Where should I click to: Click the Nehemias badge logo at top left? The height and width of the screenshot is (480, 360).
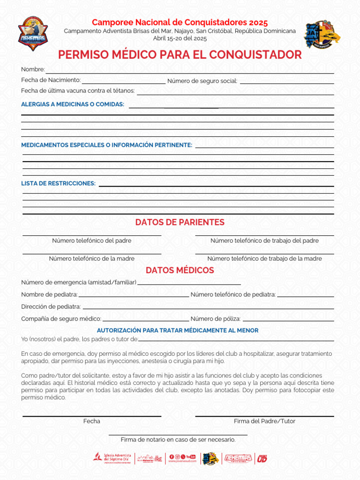tap(33, 34)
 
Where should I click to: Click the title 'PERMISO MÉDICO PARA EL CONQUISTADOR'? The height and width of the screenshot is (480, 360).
tap(180, 55)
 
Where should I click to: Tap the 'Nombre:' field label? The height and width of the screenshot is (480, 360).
tap(33, 69)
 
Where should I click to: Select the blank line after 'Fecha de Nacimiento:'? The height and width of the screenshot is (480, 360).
tap(123, 82)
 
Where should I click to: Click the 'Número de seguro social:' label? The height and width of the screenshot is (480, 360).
tap(202, 81)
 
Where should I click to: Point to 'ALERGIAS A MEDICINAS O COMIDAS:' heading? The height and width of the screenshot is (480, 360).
tap(73, 104)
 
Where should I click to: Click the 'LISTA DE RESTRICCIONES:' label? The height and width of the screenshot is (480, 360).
tap(58, 183)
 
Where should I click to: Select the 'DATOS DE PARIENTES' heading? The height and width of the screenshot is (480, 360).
tap(180, 222)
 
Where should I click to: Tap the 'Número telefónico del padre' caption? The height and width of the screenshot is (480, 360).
tap(91, 240)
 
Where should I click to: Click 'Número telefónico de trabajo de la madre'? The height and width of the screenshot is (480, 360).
tap(264, 258)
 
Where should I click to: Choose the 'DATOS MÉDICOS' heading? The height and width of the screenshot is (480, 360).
tap(180, 270)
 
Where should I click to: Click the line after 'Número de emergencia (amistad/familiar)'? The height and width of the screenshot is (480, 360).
tap(189, 284)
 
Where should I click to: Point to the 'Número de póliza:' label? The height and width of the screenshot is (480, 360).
tap(216, 319)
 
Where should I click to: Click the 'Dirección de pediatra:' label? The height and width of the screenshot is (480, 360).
tap(51, 307)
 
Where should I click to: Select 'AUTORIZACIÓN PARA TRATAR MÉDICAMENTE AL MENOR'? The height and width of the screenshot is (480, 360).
tap(178, 330)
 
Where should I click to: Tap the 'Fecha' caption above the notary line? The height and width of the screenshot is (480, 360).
tap(92, 421)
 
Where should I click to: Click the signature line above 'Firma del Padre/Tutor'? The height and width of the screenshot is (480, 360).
tap(264, 416)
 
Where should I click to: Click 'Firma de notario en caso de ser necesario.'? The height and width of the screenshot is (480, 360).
tap(178, 440)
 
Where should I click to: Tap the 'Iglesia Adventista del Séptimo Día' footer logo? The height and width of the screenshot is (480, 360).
tap(112, 458)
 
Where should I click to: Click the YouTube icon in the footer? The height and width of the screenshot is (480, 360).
tap(191, 457)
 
